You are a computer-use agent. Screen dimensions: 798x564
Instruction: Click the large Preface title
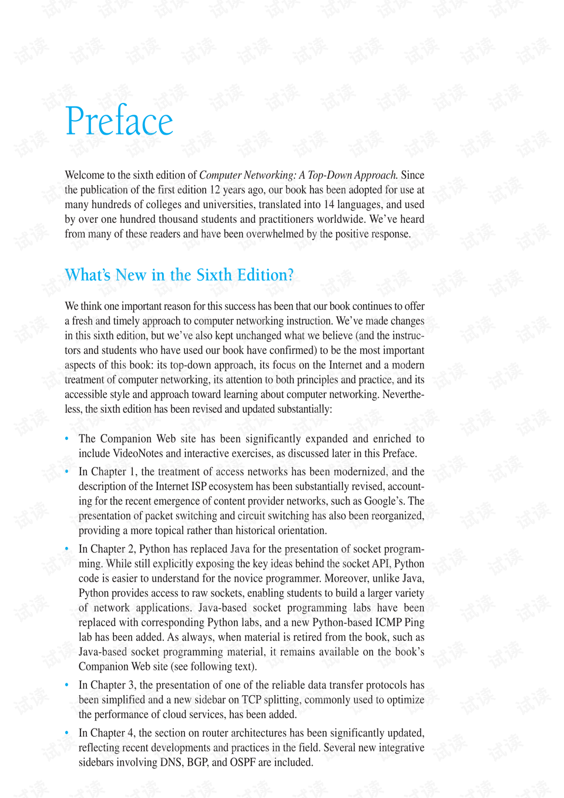[x=119, y=121]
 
